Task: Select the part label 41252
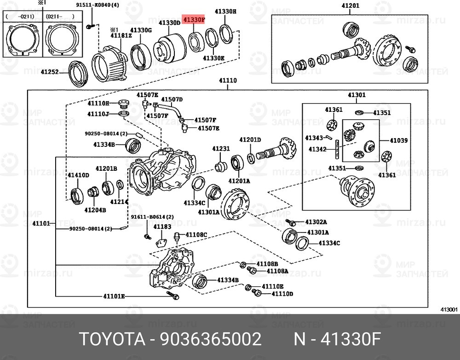[x=50, y=72]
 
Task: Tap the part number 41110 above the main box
[x=227, y=81]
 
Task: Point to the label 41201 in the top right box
[x=351, y=6]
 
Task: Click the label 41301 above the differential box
[x=356, y=95]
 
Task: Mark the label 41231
[x=220, y=149]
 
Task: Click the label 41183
[x=162, y=227]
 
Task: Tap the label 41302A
[x=317, y=222]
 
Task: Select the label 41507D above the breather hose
[x=172, y=99]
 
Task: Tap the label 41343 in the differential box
[x=314, y=138]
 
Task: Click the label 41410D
[x=78, y=175]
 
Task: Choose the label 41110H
[x=98, y=104]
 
